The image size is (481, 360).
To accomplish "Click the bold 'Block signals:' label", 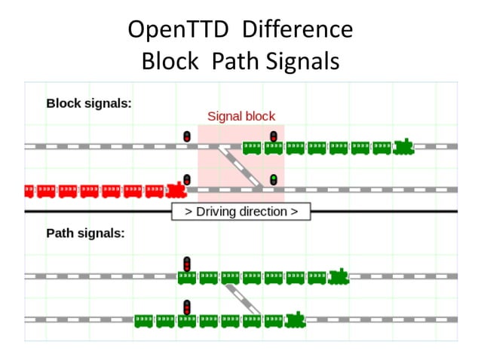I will point(89,103).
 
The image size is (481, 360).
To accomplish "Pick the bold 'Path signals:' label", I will point(85,233).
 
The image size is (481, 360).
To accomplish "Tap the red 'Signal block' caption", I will point(241,117).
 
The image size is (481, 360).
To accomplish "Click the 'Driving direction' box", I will point(240,212).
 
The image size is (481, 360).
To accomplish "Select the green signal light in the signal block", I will point(274,179).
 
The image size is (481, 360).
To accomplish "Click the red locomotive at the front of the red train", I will point(176,190).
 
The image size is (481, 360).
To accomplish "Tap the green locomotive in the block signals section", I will point(404,146).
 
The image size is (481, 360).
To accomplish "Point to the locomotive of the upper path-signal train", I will point(339,277).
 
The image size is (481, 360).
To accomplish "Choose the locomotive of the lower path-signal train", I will point(296,320).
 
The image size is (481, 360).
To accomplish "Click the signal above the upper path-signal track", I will point(186,264).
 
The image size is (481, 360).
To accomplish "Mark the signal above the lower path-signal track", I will point(186,307).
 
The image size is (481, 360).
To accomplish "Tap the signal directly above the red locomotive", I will point(186,179).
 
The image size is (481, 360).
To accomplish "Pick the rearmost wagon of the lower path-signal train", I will point(143,321).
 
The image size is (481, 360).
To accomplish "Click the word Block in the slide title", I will point(170,61).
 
